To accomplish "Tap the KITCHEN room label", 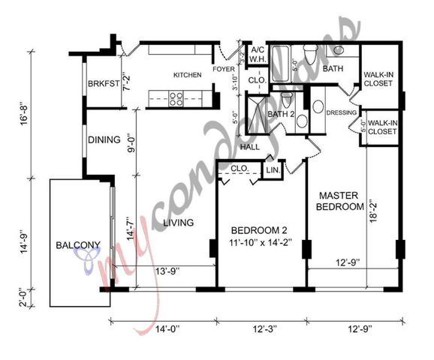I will [x=186, y=75].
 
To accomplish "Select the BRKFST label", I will [x=103, y=84].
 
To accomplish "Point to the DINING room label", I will [x=104, y=139].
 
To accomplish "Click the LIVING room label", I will [x=178, y=223].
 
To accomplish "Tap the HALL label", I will [x=250, y=147].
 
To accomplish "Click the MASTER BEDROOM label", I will [x=339, y=200].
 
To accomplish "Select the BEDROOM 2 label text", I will [x=259, y=230].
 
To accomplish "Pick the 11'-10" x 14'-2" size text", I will [x=259, y=242].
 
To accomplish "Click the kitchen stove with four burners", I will [x=176, y=96].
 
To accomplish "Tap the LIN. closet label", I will [x=273, y=172].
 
